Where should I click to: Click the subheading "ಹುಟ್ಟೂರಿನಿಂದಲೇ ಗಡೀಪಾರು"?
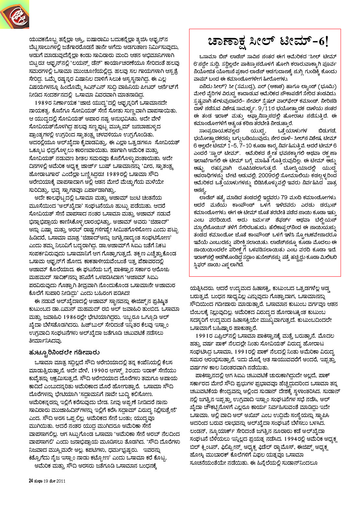click(x=64, y=352)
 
